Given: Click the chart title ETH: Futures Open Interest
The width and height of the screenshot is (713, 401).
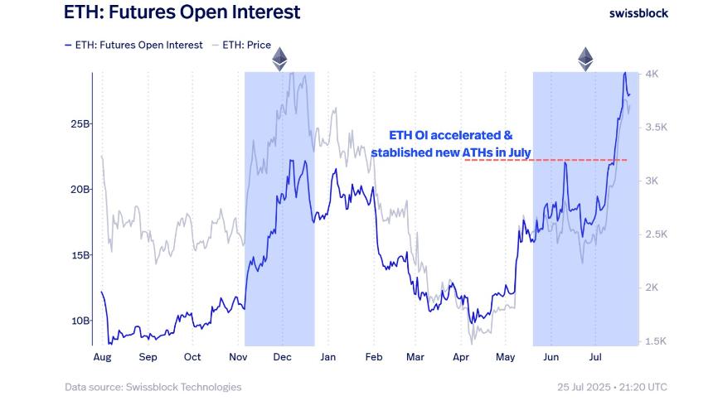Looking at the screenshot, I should click(x=182, y=12).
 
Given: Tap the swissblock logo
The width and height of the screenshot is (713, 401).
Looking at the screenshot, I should click(x=638, y=12).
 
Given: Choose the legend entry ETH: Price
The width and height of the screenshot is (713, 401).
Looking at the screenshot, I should click(x=246, y=45).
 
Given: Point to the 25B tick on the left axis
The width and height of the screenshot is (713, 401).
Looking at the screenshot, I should click(x=80, y=123).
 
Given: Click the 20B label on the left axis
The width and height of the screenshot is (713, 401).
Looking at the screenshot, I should click(x=80, y=189).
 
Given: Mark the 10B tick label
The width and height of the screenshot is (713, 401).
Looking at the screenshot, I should click(x=80, y=321).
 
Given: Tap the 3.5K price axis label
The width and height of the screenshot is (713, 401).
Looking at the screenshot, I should click(x=655, y=128).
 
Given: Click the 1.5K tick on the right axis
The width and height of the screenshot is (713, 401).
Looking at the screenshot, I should click(x=655, y=341).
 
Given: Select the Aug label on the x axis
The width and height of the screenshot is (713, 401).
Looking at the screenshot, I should click(x=102, y=357).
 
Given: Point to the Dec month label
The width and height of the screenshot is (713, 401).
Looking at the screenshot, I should click(x=283, y=357).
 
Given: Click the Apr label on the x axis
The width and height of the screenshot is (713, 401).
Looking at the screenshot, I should click(x=460, y=357).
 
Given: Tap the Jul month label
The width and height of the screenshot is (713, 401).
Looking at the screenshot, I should click(x=595, y=357).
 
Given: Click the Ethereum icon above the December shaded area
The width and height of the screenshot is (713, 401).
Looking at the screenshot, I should click(x=279, y=59).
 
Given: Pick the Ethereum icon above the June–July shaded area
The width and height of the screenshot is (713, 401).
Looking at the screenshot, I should click(x=586, y=59).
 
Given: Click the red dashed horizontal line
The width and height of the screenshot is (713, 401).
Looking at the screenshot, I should click(x=547, y=160).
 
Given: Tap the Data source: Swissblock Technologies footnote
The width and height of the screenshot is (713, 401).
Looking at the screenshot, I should click(x=153, y=387).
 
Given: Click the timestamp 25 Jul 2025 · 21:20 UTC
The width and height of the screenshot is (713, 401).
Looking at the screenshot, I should click(x=612, y=387).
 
